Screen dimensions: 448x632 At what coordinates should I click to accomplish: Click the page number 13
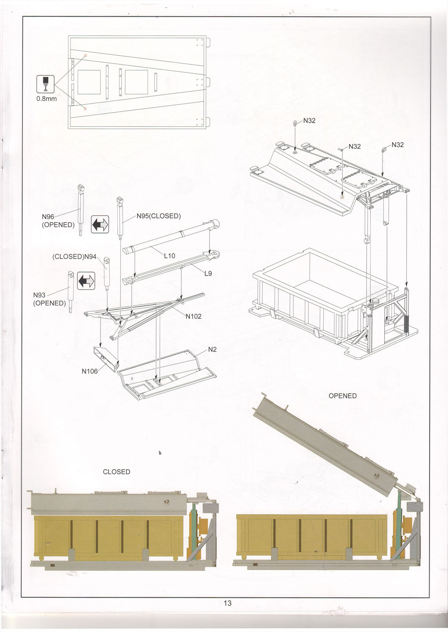227,603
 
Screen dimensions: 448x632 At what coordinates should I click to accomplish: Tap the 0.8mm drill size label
46,98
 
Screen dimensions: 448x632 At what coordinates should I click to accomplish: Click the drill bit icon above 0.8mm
45,83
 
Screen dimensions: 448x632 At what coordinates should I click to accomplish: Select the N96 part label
48,216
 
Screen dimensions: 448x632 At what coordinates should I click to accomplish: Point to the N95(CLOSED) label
159,216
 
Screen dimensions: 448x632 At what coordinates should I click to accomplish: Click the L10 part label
170,255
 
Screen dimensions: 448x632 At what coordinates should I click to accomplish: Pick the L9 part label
208,273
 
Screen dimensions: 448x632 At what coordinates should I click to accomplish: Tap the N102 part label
193,316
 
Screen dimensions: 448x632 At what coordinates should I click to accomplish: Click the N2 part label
212,349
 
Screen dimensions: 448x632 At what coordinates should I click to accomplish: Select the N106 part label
90,371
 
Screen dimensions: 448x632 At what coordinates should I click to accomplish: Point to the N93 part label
40,295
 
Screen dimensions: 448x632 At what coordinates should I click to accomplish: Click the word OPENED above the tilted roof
343,395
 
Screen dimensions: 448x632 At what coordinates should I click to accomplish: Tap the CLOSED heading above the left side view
116,472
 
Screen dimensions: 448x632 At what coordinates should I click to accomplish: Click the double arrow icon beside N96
100,225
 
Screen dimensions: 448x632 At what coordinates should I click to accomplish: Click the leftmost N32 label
309,121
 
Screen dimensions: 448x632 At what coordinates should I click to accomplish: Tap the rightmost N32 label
397,145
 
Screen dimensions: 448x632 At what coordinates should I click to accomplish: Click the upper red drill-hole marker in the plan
85,56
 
